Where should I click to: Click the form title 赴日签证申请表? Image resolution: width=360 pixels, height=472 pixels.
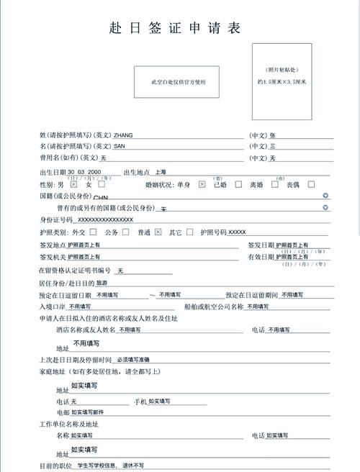pos(175,28)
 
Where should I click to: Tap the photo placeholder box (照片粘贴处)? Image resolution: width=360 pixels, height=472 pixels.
pos(282,81)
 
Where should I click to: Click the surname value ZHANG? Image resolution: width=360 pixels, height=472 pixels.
pos(123,135)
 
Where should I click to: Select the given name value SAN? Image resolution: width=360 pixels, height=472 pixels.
pos(120,146)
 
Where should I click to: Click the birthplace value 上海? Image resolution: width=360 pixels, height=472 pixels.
pos(160,172)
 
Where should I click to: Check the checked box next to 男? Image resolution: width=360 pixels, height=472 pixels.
pos(73,184)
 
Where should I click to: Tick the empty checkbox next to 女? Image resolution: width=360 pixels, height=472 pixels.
pos(102,184)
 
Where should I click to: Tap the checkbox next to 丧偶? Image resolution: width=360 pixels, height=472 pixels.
pos(311,184)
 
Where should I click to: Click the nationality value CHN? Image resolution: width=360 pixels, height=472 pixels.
pos(101,196)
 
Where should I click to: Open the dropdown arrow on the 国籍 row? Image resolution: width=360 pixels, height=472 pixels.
pos(326,195)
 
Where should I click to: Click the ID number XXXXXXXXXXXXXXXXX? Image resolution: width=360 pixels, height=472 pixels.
pos(105,219)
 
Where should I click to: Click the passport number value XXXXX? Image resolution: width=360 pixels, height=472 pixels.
pos(237,232)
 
